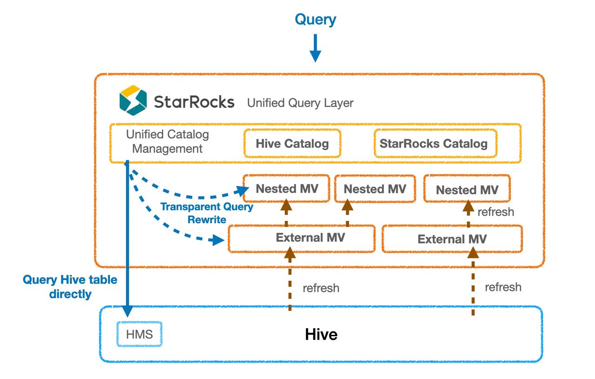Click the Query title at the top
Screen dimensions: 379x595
[315, 20]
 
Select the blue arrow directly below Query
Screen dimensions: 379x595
[315, 49]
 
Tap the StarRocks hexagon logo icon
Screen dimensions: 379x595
[133, 100]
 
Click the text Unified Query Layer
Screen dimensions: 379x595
[300, 103]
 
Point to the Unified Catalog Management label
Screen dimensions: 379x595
[167, 142]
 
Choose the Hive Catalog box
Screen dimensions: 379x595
[292, 143]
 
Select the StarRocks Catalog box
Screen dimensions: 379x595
[434, 143]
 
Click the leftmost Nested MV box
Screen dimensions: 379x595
[287, 189]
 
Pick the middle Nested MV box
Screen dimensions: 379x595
[375, 189]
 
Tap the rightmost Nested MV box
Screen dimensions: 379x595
[467, 190]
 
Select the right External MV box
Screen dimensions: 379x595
[452, 239]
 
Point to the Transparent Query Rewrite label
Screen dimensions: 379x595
[207, 213]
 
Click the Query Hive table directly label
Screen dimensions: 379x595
[70, 287]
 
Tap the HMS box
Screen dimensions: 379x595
[139, 334]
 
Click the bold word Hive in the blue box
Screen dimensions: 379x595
[321, 334]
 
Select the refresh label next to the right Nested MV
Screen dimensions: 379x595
[496, 212]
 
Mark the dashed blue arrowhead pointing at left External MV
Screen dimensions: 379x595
[217, 240]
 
